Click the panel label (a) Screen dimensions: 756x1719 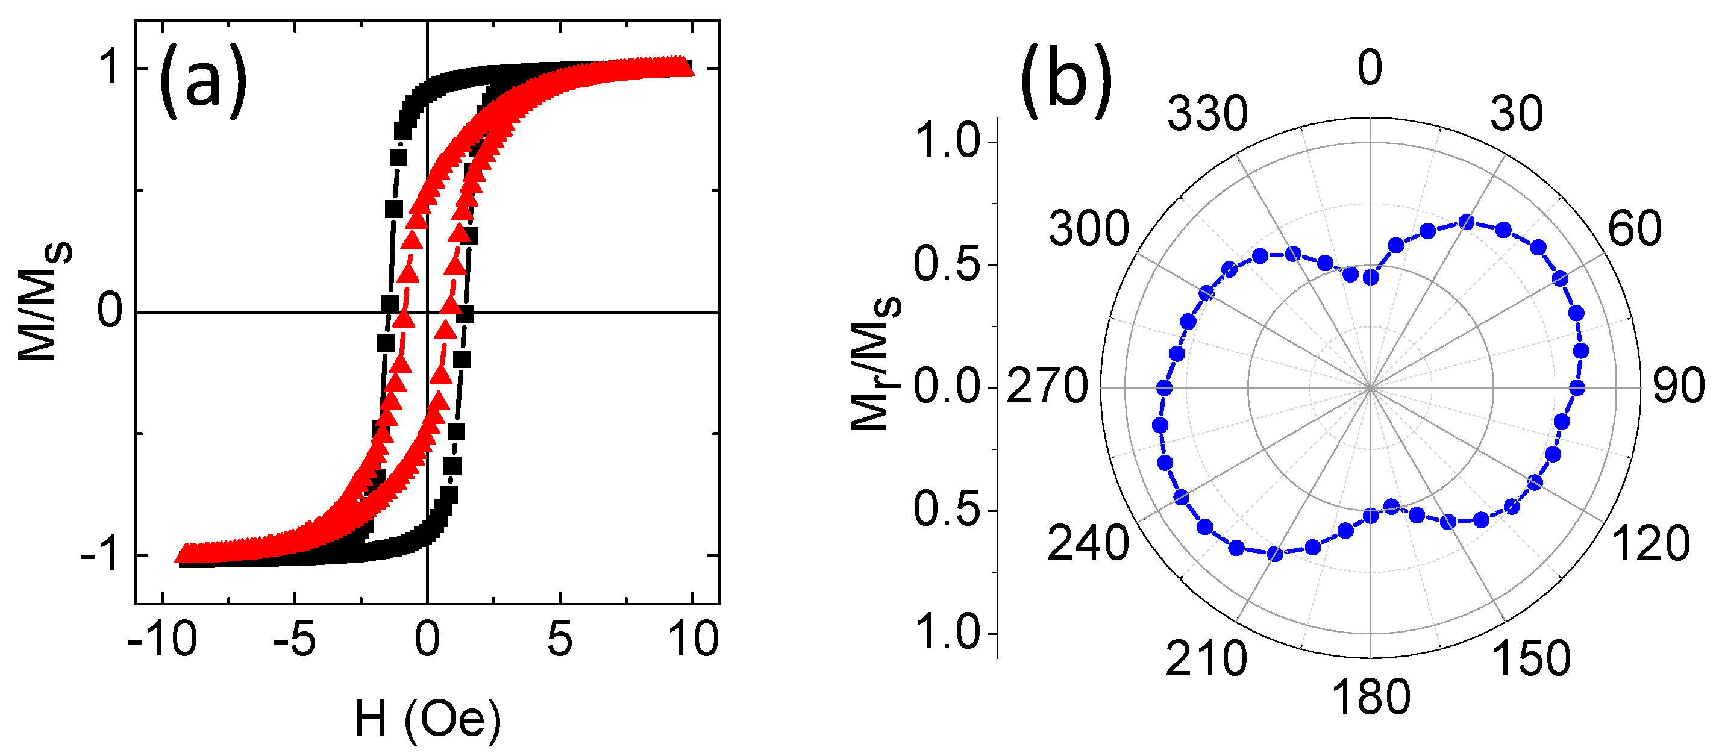point(203,81)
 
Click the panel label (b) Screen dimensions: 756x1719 point(1066,81)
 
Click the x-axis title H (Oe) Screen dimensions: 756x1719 point(427,719)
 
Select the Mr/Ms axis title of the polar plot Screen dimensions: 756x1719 point(875,364)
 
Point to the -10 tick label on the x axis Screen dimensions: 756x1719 point(162,639)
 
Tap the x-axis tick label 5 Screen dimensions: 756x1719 point(559,639)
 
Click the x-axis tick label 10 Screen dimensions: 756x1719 point(694,639)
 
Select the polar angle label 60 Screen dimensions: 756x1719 point(1634,229)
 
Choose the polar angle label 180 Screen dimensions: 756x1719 point(1371,698)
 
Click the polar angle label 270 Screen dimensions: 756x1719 point(1047,387)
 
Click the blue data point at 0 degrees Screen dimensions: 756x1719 point(1371,277)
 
